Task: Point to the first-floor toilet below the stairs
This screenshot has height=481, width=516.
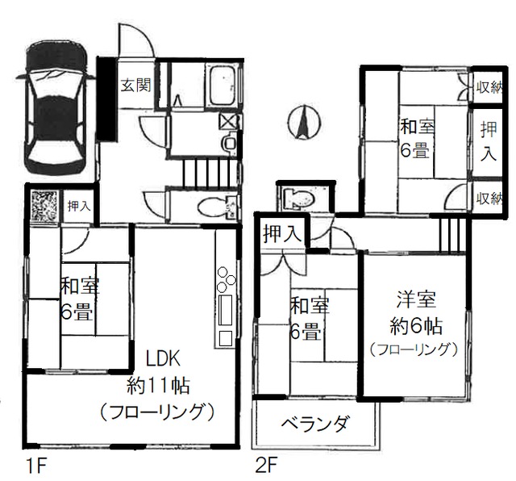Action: pyautogui.click(x=216, y=206)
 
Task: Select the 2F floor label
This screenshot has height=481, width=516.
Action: pyautogui.click(x=266, y=466)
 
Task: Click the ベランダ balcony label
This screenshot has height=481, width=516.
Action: pyautogui.click(x=315, y=424)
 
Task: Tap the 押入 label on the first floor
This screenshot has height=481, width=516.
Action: pyautogui.click(x=79, y=207)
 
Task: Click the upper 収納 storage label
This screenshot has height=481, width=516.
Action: pyautogui.click(x=486, y=86)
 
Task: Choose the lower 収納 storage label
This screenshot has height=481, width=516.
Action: pyautogui.click(x=486, y=197)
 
